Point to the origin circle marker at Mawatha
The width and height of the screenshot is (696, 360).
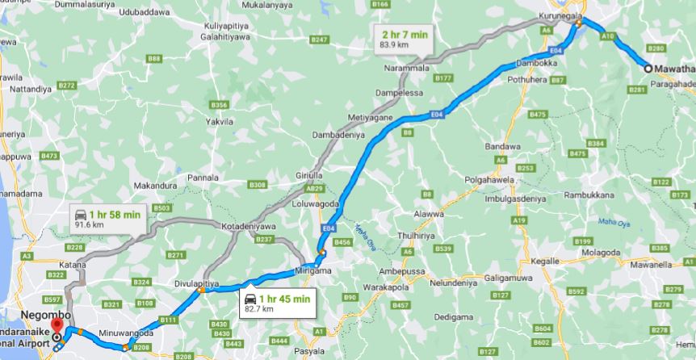(648, 69)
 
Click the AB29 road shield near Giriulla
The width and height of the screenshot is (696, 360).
(313, 188)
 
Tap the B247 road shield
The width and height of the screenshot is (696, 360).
(320, 40)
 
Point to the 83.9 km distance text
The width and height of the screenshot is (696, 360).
(394, 44)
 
